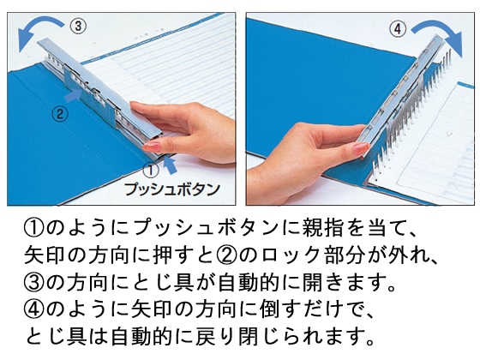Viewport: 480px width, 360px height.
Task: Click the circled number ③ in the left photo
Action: coord(77,26)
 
